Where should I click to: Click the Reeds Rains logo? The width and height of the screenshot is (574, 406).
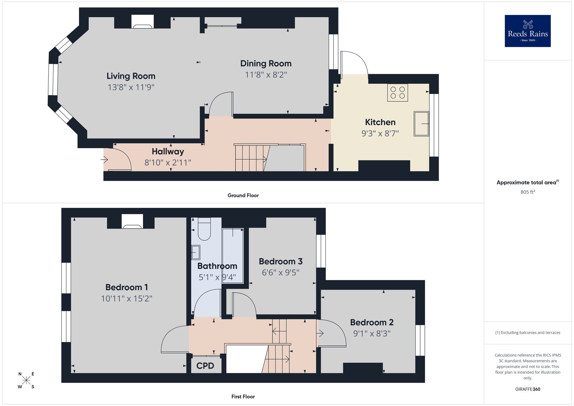pos(528,31)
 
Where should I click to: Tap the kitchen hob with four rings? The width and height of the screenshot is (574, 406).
pos(397,92)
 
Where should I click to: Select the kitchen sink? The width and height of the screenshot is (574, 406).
pos(421,123)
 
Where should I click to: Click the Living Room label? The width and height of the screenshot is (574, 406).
pos(131,76)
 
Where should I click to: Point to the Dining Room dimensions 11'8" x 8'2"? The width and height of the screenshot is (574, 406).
pos(266,75)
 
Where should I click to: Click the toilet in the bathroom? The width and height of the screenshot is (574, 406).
pos(204,230)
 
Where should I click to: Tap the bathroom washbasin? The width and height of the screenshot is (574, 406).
pos(196,252)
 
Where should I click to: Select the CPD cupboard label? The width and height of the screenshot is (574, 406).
pos(205,366)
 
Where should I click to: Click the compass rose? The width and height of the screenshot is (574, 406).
pos(26,380)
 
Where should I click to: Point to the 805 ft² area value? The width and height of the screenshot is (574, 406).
pos(528,192)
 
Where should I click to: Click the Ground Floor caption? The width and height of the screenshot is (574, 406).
pos(243,196)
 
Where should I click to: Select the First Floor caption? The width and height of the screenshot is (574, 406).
pos(243,397)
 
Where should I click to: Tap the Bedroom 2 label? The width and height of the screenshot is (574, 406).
pos(372,322)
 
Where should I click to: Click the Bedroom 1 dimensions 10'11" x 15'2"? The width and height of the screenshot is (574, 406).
pos(127,299)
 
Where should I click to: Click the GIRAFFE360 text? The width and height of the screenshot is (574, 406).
pos(528,389)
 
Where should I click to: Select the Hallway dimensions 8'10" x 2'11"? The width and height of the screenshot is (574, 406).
pos(168,163)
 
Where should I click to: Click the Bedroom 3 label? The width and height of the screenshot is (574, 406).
pos(280,262)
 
